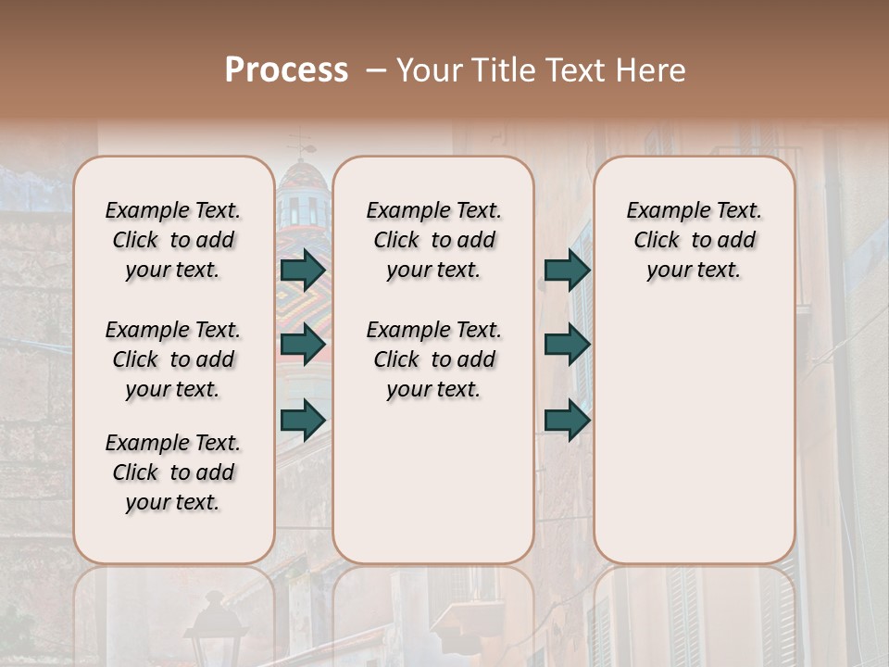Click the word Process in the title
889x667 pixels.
pyautogui.click(x=286, y=70)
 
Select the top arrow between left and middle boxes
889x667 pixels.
pyautogui.click(x=303, y=270)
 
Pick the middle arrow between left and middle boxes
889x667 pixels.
pyautogui.click(x=303, y=345)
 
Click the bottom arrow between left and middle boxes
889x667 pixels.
pyautogui.click(x=303, y=420)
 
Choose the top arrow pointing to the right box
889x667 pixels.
pyautogui.click(x=567, y=270)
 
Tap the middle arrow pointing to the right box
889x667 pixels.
pyautogui.click(x=567, y=345)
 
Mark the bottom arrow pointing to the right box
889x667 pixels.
pyautogui.click(x=567, y=420)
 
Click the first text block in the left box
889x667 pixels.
pyautogui.click(x=173, y=240)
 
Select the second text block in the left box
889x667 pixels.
pyautogui.click(x=173, y=359)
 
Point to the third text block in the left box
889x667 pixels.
pyautogui.click(x=173, y=472)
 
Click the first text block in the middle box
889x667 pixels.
pyautogui.click(x=433, y=240)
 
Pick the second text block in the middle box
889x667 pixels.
pyautogui.click(x=433, y=359)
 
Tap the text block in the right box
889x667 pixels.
pyautogui.click(x=694, y=240)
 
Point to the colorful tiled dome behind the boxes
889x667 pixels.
pyautogui.click(x=303, y=199)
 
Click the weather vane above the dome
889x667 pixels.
pyautogui.click(x=301, y=145)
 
